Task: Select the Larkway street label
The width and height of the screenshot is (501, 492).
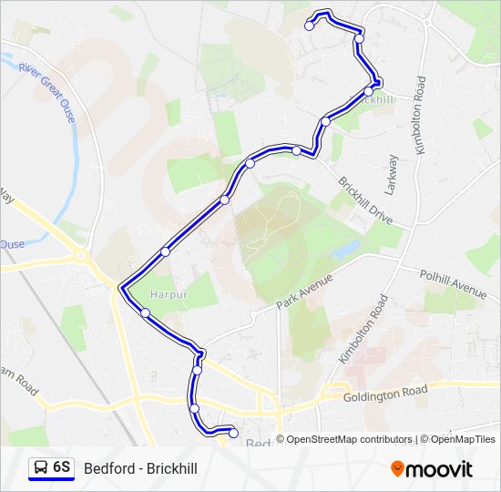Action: [392, 173]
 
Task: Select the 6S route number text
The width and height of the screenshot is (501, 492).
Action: [62, 467]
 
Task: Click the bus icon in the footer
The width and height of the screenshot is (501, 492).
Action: [41, 467]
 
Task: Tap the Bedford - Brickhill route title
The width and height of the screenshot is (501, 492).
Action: [140, 468]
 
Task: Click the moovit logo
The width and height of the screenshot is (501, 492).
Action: [432, 468]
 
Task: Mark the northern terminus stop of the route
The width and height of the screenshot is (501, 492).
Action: [310, 26]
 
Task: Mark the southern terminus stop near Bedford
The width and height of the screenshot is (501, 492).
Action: [233, 433]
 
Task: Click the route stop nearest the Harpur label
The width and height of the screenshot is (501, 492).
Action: [146, 313]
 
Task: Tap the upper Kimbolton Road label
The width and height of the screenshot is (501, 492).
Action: [420, 115]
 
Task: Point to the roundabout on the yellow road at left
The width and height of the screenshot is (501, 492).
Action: [81, 258]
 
